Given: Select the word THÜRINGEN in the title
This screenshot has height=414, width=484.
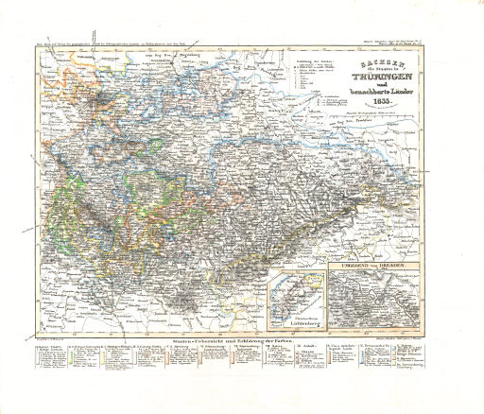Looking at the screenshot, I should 383,79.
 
